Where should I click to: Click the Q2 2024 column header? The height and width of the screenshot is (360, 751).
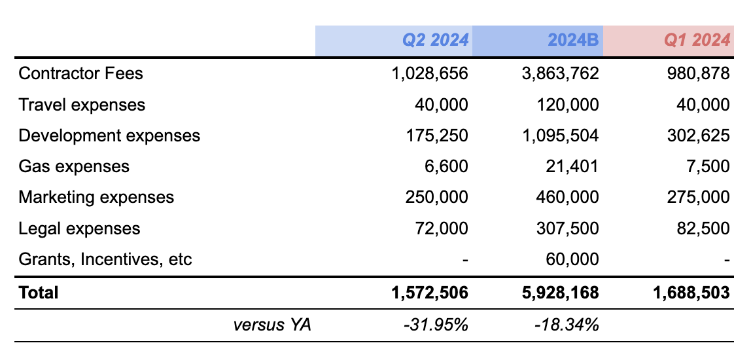tap(435, 41)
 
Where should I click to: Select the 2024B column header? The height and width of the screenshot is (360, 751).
tap(572, 41)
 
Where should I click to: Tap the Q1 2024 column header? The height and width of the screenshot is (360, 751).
tap(697, 41)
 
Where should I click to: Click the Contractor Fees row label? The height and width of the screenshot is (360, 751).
tap(80, 73)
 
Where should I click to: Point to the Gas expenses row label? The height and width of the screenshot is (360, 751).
tap(74, 166)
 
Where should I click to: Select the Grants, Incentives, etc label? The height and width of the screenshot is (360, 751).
tap(105, 259)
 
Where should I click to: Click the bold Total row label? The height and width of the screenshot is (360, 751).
tap(39, 293)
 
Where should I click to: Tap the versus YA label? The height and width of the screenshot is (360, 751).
tap(272, 324)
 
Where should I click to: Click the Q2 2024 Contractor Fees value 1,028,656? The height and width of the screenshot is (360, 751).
tap(430, 73)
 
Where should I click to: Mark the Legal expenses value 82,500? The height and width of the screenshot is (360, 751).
tap(703, 228)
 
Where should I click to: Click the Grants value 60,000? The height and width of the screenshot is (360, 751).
tap(572, 259)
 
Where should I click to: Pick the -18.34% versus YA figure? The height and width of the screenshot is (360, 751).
tap(568, 324)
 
